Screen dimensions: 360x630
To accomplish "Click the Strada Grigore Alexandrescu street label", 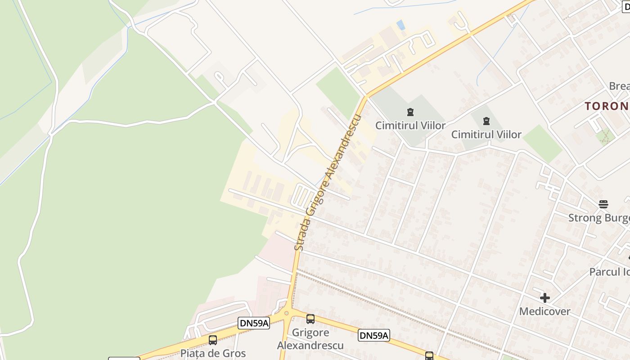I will coord(328,182).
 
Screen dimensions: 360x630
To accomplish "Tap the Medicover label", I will coord(544,311).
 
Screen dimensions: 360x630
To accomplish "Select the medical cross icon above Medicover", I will coord(545,298).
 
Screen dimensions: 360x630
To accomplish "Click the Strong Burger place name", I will coord(598,218).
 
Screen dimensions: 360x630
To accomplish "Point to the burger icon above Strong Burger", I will coord(603,204).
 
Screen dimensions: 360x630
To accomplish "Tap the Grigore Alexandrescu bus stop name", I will coord(310,339).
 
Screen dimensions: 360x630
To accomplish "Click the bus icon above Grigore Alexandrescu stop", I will coord(310,319).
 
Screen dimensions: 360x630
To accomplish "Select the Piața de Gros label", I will coord(213,353).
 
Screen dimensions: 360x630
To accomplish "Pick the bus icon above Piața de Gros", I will coord(213,340).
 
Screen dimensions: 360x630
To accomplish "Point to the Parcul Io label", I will coord(610,272).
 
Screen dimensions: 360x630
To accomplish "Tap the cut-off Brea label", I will coord(619,86).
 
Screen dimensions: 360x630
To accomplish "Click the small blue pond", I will coord(400,24).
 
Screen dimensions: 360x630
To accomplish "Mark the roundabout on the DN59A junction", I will coord(287,313).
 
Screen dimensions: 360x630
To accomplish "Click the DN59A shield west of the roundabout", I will coord(254,323).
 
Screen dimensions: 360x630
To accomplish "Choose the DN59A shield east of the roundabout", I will coord(374,335).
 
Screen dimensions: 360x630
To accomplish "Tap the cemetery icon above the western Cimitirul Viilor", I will coord(410,112).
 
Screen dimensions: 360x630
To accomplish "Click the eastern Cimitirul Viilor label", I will coord(486,135).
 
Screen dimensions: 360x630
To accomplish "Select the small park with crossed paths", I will coord(605,135).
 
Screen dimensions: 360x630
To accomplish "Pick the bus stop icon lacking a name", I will coord(429,356).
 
